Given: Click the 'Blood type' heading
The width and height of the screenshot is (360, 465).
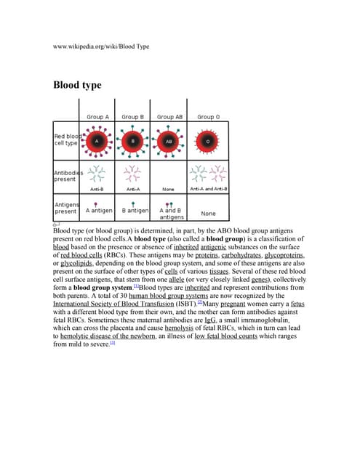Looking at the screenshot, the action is pyautogui.click(x=77, y=85).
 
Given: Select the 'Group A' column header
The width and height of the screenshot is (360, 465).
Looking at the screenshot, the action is pyautogui.click(x=97, y=117).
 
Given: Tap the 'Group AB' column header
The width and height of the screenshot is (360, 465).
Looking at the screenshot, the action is pyautogui.click(x=170, y=117).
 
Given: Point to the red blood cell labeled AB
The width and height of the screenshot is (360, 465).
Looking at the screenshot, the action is pyautogui.click(x=169, y=141).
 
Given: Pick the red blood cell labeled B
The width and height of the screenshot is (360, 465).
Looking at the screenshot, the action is pyautogui.click(x=133, y=141).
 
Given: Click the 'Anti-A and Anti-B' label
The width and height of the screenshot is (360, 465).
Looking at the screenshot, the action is pyautogui.click(x=209, y=189).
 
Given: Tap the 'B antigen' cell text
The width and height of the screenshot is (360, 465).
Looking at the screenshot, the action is pyautogui.click(x=132, y=211).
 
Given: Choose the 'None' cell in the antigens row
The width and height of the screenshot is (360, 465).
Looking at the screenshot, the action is pyautogui.click(x=209, y=214).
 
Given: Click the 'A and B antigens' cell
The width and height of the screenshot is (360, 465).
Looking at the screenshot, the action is pyautogui.click(x=172, y=213).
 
